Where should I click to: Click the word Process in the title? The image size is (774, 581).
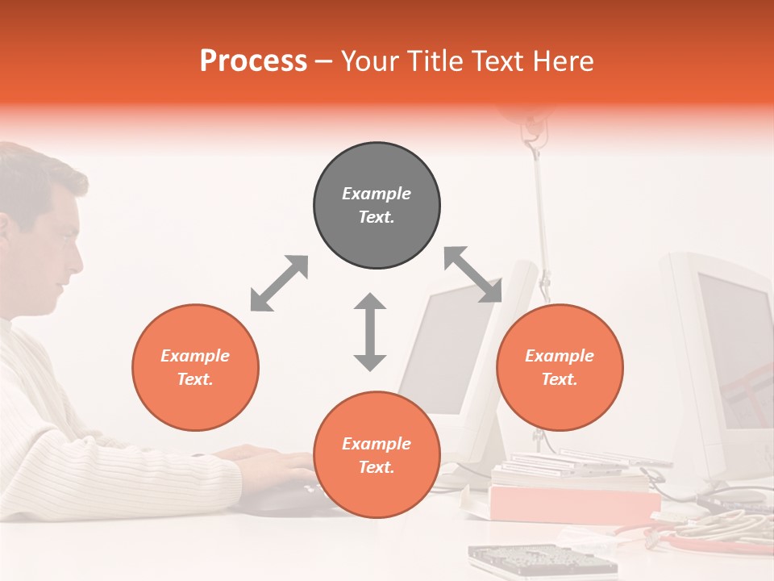(253, 61)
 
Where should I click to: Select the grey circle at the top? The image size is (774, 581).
(377, 205)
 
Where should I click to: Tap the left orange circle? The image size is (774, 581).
(195, 367)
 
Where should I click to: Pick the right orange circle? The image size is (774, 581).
(560, 367)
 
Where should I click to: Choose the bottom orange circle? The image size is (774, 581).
(377, 454)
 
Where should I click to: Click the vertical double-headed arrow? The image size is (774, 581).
(370, 332)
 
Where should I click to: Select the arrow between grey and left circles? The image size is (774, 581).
(279, 283)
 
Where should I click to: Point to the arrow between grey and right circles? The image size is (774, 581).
(473, 275)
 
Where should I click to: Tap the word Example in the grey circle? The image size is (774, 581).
(377, 194)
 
